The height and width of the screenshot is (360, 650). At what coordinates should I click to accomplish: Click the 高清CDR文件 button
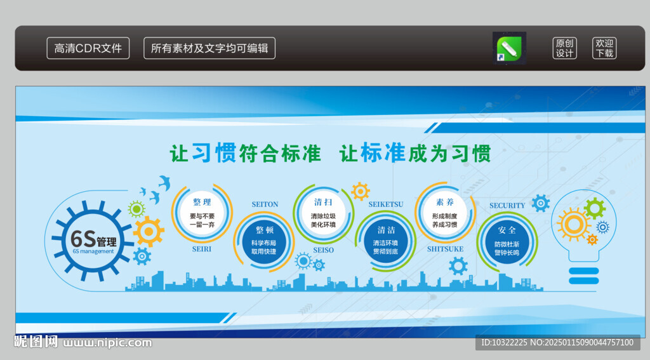[x=88, y=48]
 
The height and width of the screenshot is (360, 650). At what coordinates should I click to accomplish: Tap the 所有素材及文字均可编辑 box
[x=209, y=48]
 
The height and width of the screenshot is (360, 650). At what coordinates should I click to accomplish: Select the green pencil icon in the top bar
[x=510, y=48]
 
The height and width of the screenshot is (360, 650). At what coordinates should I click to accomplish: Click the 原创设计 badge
[x=564, y=48]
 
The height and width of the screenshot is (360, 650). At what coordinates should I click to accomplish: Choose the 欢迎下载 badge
[x=604, y=48]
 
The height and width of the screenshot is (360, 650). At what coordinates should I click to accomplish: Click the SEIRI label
[x=201, y=250]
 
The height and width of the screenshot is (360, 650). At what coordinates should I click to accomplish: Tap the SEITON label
[x=265, y=204]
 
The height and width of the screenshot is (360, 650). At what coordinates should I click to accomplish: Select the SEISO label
[x=323, y=250]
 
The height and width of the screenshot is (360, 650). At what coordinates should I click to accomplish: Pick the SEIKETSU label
[x=386, y=204]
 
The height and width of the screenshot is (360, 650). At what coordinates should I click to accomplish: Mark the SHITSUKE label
[x=445, y=249]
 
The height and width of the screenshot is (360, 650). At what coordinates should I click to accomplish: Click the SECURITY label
[x=507, y=205]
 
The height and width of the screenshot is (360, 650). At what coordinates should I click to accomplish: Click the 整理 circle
[x=202, y=213]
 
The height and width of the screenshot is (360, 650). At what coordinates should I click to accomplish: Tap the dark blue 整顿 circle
[x=264, y=241]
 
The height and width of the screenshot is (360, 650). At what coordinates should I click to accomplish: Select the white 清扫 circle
[x=323, y=213]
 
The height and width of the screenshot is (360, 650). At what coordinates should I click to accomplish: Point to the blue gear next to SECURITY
[x=541, y=203]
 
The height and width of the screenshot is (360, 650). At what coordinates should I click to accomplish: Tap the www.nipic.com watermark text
[x=107, y=343]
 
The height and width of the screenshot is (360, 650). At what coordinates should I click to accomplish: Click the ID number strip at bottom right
[x=557, y=343]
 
